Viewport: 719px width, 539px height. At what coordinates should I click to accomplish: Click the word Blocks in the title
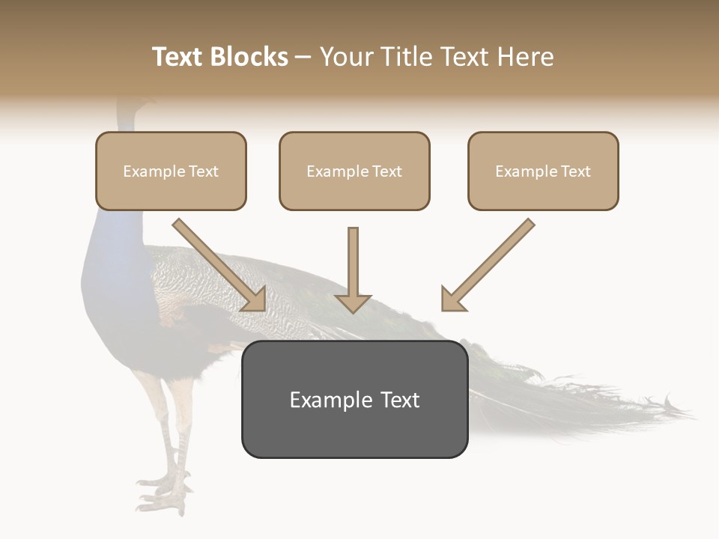point(250,57)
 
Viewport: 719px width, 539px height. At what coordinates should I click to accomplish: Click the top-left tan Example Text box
point(171,171)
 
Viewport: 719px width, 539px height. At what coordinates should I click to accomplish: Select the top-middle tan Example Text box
point(354,171)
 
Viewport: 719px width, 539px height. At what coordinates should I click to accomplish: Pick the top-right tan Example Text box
point(543,171)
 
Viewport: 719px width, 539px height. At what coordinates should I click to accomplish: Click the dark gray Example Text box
point(354,400)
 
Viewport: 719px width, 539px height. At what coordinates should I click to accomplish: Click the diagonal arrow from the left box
point(219,264)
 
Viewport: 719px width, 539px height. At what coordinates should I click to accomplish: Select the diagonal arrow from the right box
point(488,264)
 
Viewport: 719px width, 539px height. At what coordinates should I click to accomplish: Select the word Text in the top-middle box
point(386,171)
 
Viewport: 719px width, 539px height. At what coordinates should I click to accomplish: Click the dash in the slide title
point(303,58)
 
